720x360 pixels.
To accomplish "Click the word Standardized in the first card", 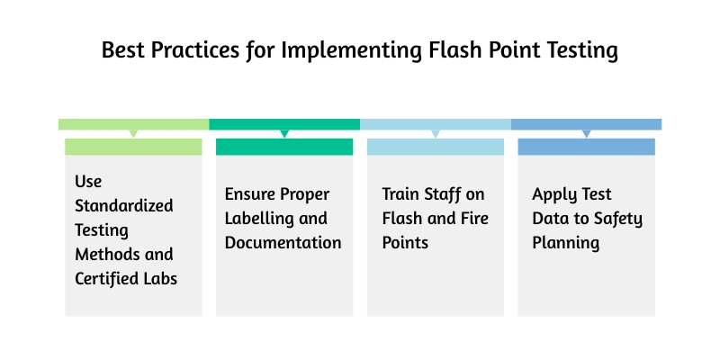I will (124, 205).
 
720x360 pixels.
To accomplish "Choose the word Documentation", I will (283, 242).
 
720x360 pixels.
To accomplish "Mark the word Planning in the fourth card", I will (566, 242).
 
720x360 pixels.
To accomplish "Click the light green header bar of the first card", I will (133, 147).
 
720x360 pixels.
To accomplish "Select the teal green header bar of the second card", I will (284, 147).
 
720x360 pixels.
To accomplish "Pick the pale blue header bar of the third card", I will (436, 147).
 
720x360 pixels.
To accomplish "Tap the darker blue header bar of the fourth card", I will (586, 147).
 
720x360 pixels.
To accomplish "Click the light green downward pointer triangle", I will (133, 133).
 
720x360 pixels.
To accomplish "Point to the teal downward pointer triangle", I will (284, 133).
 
